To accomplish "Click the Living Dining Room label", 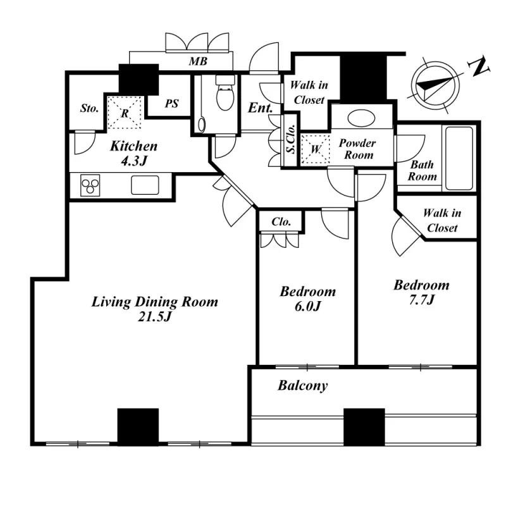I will (155, 309).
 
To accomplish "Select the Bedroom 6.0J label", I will (308, 299).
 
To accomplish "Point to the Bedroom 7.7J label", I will (421, 292).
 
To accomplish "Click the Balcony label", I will (303, 385).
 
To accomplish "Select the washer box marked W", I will (316, 150).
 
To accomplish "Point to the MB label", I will (197, 62).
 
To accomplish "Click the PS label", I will (172, 104).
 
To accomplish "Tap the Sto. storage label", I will (89, 109).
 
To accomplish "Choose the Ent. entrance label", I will (260, 108).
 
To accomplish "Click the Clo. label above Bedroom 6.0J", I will (281, 223).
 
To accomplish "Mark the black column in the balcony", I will (364, 427).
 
